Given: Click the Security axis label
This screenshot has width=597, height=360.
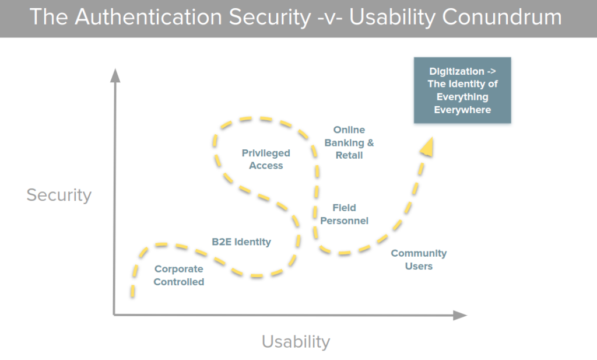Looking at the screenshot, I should (x=59, y=194).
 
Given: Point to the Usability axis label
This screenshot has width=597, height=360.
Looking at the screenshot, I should (x=296, y=341).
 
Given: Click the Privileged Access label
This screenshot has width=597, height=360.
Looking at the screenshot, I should (x=266, y=159).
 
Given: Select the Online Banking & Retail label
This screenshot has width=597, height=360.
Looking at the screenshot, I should (x=349, y=142).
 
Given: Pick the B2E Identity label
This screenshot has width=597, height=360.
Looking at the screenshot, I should (x=241, y=242).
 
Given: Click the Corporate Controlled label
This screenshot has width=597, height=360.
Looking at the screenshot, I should (x=179, y=275).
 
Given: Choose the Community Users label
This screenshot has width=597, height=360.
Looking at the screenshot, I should (x=419, y=260).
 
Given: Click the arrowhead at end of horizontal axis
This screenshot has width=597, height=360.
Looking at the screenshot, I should (x=460, y=315).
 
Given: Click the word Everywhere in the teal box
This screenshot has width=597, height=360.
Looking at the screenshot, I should (x=462, y=110).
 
